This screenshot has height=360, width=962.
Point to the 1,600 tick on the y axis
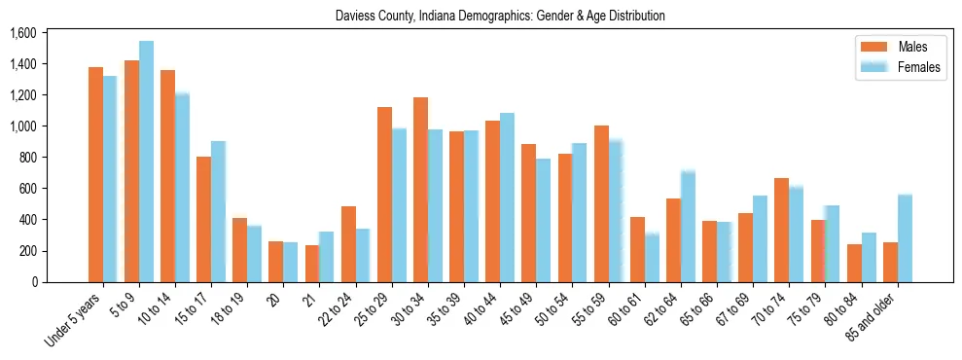[x=22, y=33]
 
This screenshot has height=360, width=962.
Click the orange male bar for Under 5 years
[x=95, y=175]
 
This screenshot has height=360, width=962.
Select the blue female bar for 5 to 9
[x=146, y=162]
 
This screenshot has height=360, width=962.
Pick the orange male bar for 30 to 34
[x=420, y=190]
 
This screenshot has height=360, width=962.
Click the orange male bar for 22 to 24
[x=348, y=244]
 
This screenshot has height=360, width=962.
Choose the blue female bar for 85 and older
[x=905, y=238]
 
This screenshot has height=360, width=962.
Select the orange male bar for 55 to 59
[x=601, y=204]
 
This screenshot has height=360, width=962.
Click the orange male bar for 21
[x=312, y=264]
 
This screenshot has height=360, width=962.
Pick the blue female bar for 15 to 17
[x=218, y=212]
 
